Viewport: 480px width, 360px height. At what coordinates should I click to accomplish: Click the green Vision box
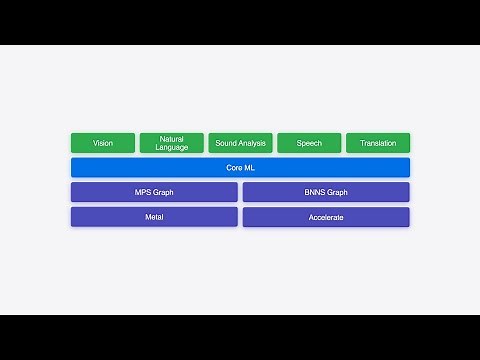103,143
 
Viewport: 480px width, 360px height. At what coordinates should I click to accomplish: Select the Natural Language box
172,143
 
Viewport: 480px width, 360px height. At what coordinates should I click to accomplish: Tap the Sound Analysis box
241,143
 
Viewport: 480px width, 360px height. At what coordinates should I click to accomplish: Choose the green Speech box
309,143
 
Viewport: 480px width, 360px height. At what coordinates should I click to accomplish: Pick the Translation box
378,143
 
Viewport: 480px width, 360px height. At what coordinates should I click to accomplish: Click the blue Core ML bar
240,168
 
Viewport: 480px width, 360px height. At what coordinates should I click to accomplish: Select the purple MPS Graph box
154,192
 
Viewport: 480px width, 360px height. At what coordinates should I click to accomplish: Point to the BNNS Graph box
326,192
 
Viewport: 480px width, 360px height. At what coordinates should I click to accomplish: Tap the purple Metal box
154,217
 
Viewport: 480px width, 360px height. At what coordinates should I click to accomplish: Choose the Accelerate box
326,217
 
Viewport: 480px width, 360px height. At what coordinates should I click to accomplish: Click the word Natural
172,139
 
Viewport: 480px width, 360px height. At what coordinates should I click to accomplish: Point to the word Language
172,148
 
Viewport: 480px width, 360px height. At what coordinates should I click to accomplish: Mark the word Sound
227,143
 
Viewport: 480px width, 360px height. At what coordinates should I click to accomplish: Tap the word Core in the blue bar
234,168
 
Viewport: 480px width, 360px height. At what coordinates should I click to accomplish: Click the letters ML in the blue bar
249,168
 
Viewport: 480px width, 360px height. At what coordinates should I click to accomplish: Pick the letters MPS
144,192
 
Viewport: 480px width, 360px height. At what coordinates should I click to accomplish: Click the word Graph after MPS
164,192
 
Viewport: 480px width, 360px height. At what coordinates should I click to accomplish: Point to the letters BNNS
315,192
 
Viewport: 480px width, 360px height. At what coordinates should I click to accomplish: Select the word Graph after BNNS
338,192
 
